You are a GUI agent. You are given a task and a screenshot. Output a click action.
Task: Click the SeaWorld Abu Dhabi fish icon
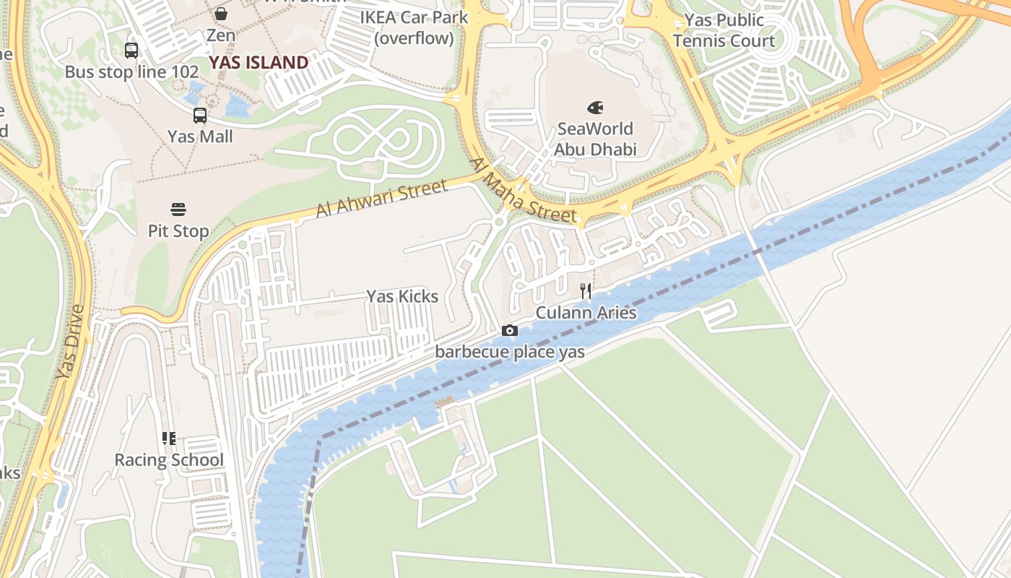click(595, 108)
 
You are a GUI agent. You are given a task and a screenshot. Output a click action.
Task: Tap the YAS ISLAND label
click(259, 62)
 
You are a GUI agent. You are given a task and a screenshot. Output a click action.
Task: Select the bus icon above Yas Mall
click(199, 115)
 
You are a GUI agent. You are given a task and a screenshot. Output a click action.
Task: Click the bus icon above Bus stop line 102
click(131, 51)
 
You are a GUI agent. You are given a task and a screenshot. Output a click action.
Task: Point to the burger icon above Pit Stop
click(178, 210)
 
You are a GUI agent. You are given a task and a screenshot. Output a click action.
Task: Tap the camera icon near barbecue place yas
click(509, 331)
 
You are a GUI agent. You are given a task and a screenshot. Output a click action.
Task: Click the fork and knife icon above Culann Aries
click(586, 291)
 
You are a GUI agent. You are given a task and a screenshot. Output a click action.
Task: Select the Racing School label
click(169, 460)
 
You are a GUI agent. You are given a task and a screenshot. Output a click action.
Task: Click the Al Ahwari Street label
click(381, 199)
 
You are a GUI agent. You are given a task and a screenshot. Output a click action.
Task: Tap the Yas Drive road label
click(71, 342)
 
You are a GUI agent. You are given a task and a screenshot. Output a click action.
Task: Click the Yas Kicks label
click(402, 296)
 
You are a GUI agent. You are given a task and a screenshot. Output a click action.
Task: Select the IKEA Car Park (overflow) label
click(414, 27)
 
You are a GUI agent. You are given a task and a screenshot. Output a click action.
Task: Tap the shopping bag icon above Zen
click(221, 13)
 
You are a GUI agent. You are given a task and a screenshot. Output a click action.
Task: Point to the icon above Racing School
click(168, 439)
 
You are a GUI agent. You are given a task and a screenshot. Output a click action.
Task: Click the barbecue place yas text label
click(509, 352)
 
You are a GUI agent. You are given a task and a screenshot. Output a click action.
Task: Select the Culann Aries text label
click(586, 312)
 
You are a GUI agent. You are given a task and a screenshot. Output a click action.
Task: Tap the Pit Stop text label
click(178, 231)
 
